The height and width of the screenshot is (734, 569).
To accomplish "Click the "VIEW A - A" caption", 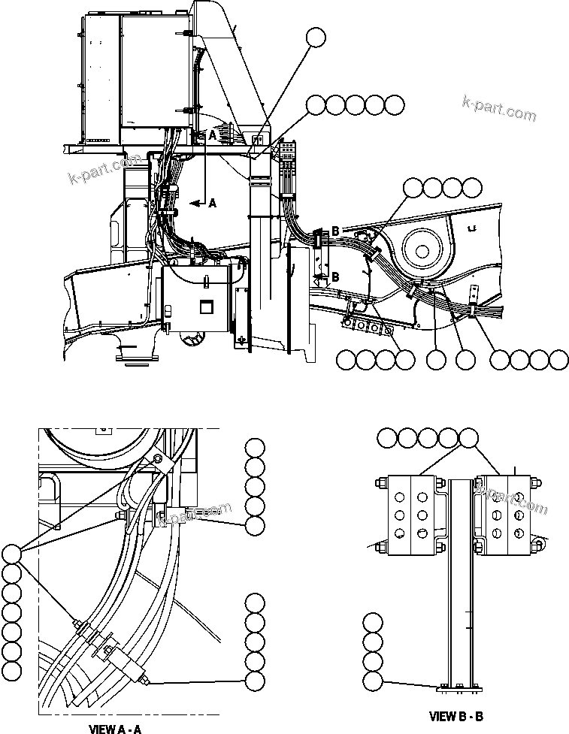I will tap(115, 728).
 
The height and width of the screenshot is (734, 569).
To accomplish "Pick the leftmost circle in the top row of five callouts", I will tap(316, 105).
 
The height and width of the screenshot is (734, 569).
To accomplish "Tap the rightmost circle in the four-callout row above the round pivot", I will tap(473, 187).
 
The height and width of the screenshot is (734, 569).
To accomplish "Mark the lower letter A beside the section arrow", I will tap(212, 203).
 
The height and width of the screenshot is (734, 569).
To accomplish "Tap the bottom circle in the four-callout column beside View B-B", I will tap(372, 681).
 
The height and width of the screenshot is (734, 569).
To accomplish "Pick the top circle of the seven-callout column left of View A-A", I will tap(11, 554).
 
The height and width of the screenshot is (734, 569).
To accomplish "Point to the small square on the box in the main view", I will tap(205, 307).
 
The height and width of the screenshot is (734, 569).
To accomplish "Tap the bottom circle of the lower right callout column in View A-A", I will tap(255, 681).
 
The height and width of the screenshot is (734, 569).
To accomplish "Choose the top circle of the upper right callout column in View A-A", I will tap(255, 449).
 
